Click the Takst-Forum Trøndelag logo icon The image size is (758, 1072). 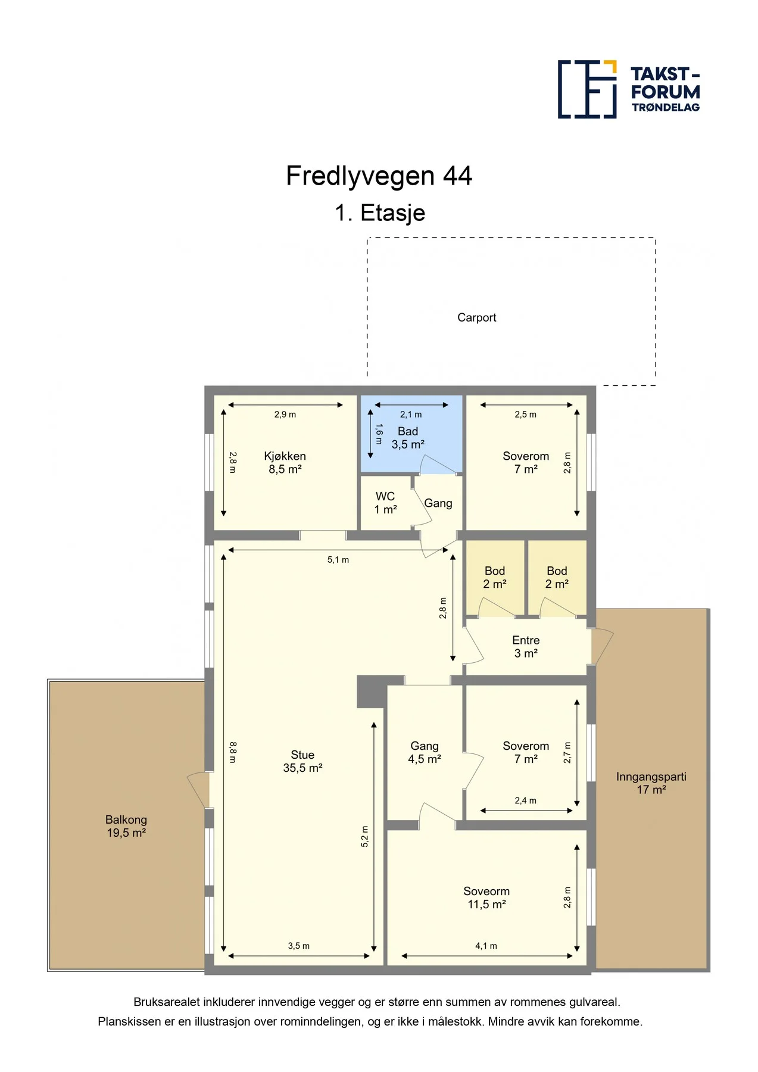pos(587,89)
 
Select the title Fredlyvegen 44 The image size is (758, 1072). pos(379,176)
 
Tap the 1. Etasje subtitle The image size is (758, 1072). pos(380,213)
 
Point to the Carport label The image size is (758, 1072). pos(476,317)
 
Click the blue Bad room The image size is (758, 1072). pos(411,434)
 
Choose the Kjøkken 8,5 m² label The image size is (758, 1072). pos(285,463)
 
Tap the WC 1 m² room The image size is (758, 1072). pos(386,503)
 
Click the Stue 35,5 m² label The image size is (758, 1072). pos(302,762)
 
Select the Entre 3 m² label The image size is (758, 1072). pos(526,647)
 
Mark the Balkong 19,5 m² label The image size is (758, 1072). pos(126,827)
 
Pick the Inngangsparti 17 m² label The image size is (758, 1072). pos(651,783)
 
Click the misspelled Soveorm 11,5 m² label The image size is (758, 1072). pos(486,898)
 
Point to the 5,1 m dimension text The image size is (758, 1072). pos(338,560)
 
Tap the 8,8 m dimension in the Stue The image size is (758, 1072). pos(233,752)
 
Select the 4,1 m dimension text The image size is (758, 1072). pos(486,946)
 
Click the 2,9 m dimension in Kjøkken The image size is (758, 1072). pos(285,415)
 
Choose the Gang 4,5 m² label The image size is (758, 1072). pos(425,753)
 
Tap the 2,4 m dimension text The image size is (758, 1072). pos(526,800)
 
